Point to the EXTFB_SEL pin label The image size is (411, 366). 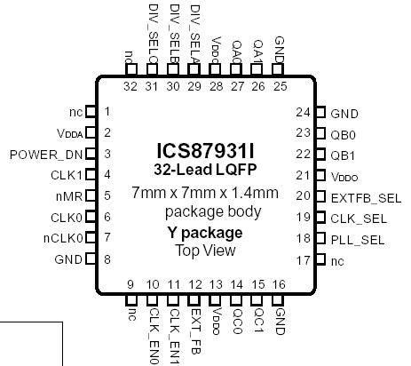pos(358,196)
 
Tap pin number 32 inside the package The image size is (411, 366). pos(130,86)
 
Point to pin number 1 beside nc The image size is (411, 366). pos(107,112)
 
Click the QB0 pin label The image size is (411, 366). pos(344,133)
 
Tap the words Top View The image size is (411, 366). pos(204,251)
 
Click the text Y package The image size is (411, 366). pos(204,233)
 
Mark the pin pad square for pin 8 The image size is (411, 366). pos(90,260)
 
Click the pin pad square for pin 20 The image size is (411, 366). pos(321,196)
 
